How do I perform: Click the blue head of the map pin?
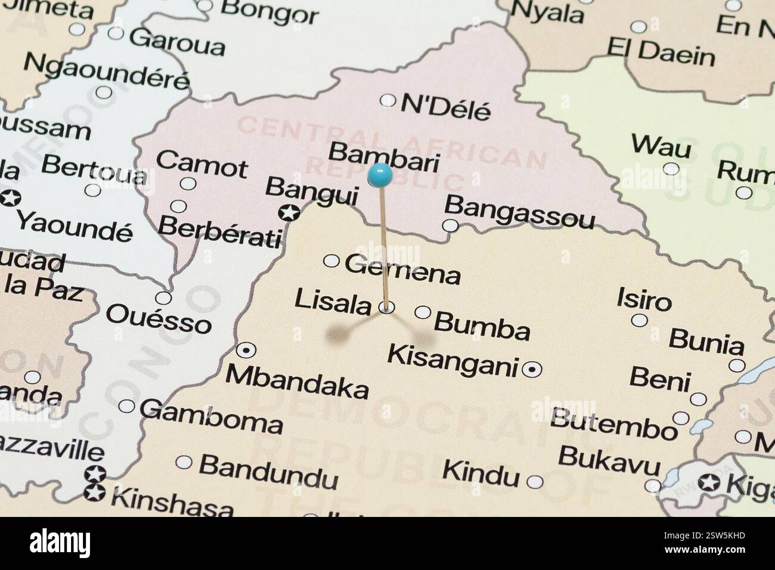pyautogui.click(x=380, y=175)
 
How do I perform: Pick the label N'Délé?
pyautogui.click(x=445, y=107)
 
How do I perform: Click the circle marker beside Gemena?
pyautogui.click(x=331, y=261)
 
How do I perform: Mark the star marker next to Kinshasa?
pyautogui.click(x=95, y=492)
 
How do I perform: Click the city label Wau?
pyautogui.click(x=661, y=146)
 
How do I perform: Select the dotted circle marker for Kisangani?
pyautogui.click(x=532, y=370)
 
